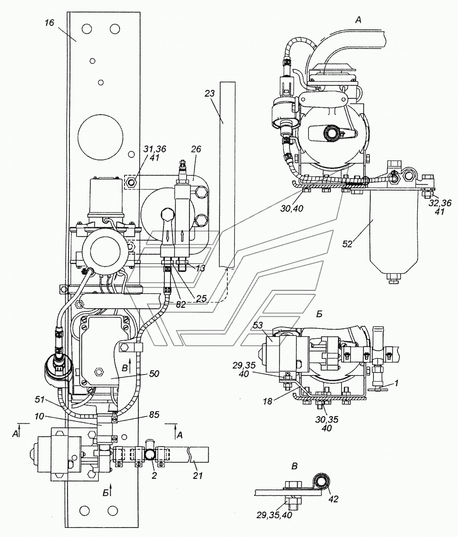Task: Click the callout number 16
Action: point(49,23)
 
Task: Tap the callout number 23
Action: point(210,93)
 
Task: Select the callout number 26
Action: point(196,149)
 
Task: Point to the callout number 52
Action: point(347,244)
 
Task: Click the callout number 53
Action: point(257,325)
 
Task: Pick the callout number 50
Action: point(154,374)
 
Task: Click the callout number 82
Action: point(181,305)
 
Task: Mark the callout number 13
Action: point(200,268)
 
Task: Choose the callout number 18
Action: point(267,401)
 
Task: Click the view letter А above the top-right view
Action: point(358,20)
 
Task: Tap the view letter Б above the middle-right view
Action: point(319,314)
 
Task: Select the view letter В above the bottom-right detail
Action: point(294,466)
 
